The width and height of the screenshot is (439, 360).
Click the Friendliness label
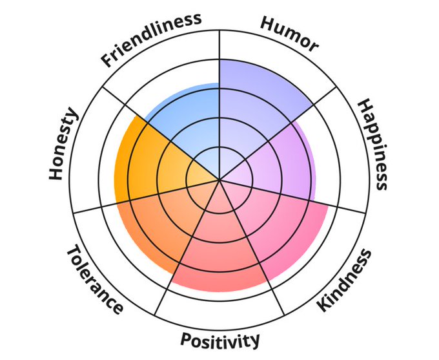click(x=150, y=38)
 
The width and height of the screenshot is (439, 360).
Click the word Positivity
click(x=220, y=340)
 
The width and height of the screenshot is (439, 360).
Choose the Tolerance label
click(x=94, y=279)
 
